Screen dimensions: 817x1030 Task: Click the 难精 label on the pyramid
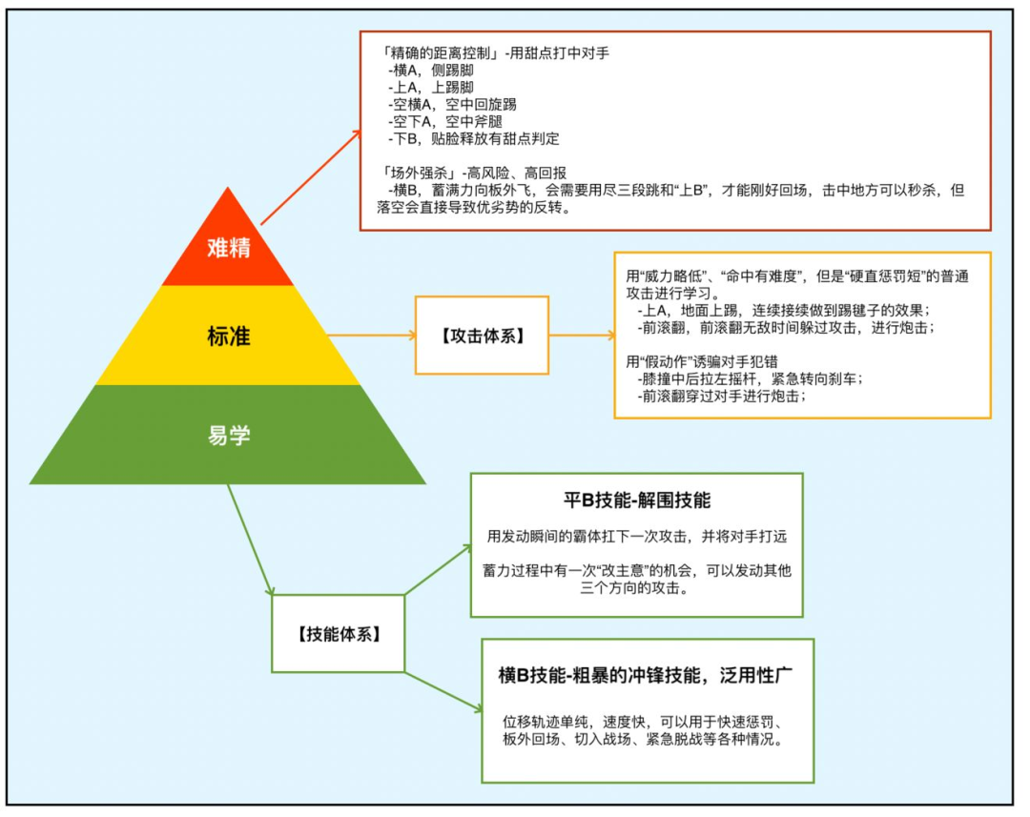click(229, 247)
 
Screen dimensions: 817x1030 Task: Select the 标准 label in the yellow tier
click(229, 336)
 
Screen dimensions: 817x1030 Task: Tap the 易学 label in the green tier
click(229, 436)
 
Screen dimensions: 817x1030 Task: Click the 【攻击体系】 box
click(482, 336)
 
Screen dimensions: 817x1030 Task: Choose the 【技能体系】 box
click(339, 634)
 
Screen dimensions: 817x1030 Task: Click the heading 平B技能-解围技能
click(636, 500)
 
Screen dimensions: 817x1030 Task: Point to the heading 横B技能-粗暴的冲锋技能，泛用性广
click(647, 675)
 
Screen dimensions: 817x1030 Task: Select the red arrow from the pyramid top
click(310, 176)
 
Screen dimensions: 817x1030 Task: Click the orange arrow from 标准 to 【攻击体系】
click(371, 336)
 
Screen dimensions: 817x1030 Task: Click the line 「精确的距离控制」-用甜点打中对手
click(494, 53)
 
